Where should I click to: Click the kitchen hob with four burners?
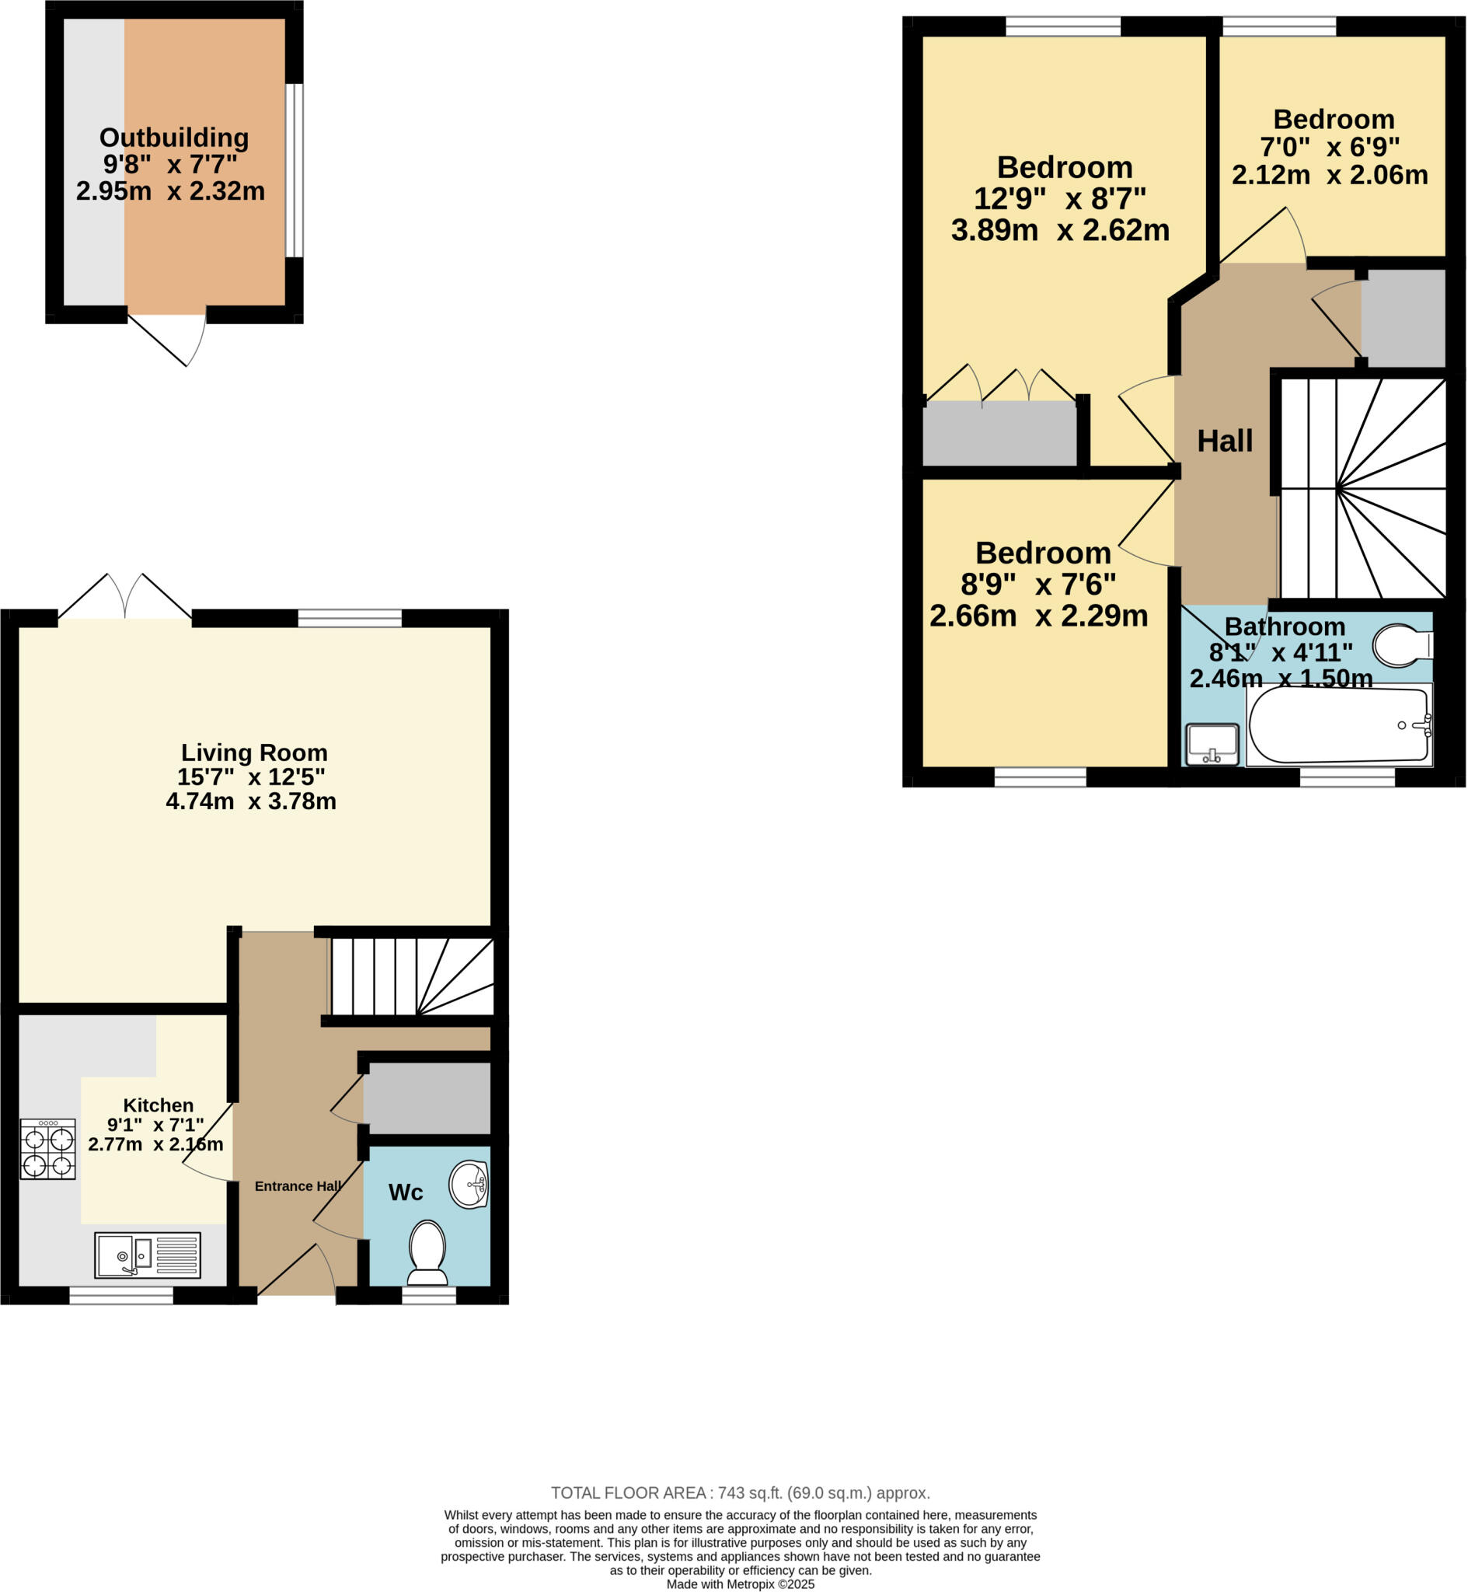47,1149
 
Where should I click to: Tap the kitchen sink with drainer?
147,1255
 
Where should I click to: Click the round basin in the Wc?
469,1185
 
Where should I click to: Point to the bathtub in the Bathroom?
1338,724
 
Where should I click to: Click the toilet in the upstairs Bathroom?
1401,645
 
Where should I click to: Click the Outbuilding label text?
174,138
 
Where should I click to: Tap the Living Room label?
254,752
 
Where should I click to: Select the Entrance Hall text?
298,1186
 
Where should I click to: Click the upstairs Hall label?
1225,441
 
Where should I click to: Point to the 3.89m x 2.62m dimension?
1061,230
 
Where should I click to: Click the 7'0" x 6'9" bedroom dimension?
1330,147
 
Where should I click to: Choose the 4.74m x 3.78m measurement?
251,801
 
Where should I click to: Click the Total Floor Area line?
741,1492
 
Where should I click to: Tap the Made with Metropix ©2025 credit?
741,1583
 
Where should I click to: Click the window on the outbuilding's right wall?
295,170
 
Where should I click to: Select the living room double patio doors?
124,598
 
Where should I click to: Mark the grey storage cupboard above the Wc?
427,1098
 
